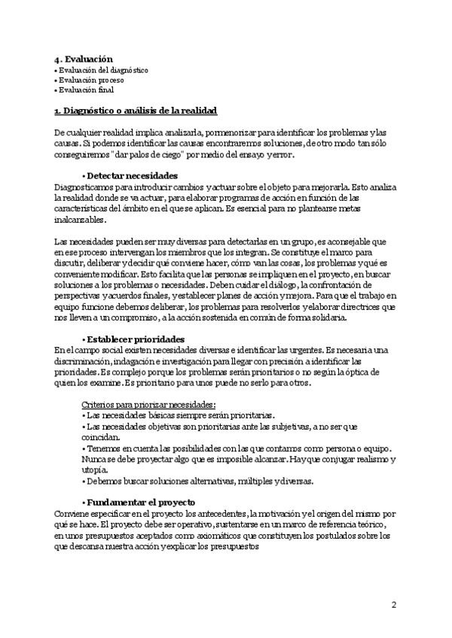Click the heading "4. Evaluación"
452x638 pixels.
pyautogui.click(x=83, y=59)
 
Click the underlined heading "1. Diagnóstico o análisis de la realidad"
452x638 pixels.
pyautogui.click(x=136, y=111)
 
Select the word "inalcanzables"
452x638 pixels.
pyautogui.click(x=80, y=220)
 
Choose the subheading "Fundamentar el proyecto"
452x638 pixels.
pyautogui.click(x=141, y=502)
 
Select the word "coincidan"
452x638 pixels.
pyautogui.click(x=99, y=437)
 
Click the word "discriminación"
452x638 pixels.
pyautogui.click(x=88, y=361)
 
